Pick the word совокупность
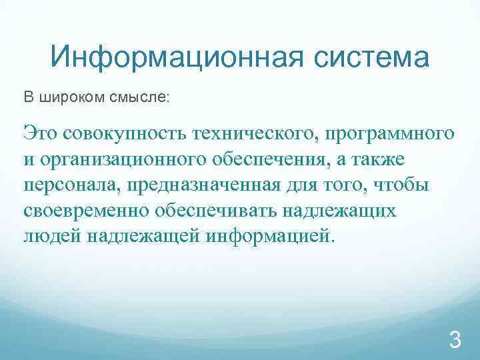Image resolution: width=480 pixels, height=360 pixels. (125, 133)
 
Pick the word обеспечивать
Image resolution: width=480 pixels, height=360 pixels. (219, 211)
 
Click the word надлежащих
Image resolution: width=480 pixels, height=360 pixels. (341, 211)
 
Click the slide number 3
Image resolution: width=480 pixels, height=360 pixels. (455, 341)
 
